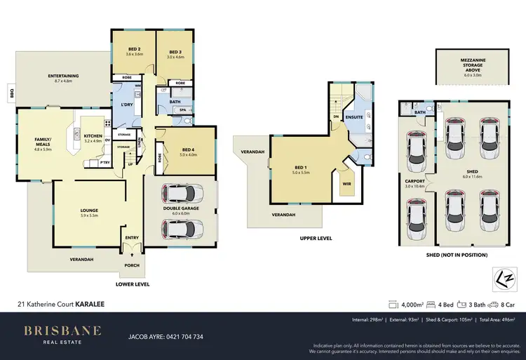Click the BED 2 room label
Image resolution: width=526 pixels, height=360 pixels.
134,50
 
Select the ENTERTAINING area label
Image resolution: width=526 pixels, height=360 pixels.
63,76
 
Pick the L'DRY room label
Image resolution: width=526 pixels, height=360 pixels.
128,105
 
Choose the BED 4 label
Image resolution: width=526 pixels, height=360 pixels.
188,149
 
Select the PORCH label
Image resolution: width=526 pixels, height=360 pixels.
132,265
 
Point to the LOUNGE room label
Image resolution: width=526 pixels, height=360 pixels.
88,210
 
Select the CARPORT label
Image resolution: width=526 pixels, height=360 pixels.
415,180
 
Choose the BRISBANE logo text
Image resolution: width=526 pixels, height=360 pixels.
63,330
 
